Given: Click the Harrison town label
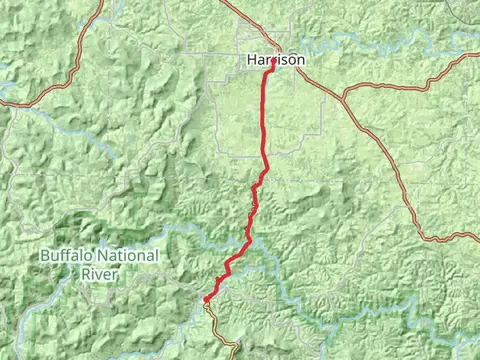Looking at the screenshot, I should click(275, 60).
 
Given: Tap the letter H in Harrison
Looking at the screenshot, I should click(251, 60).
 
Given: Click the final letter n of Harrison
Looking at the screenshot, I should click(300, 60).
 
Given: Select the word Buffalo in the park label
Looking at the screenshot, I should click(69, 256).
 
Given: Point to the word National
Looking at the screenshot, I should click(129, 256).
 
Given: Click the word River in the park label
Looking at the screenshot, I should click(99, 272).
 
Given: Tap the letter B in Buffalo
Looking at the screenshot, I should click(45, 256).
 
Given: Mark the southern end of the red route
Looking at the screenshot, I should click(205, 298).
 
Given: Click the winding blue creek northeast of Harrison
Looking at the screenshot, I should click(400, 46).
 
